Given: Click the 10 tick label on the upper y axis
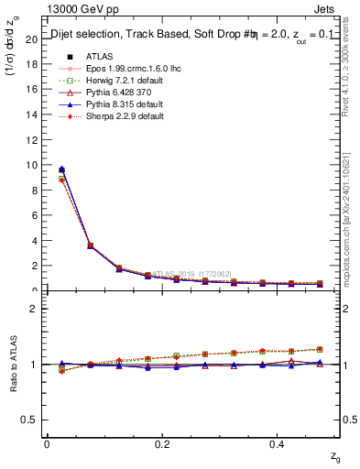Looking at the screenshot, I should point(31,166).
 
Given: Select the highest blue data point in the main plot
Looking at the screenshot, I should point(61,169).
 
